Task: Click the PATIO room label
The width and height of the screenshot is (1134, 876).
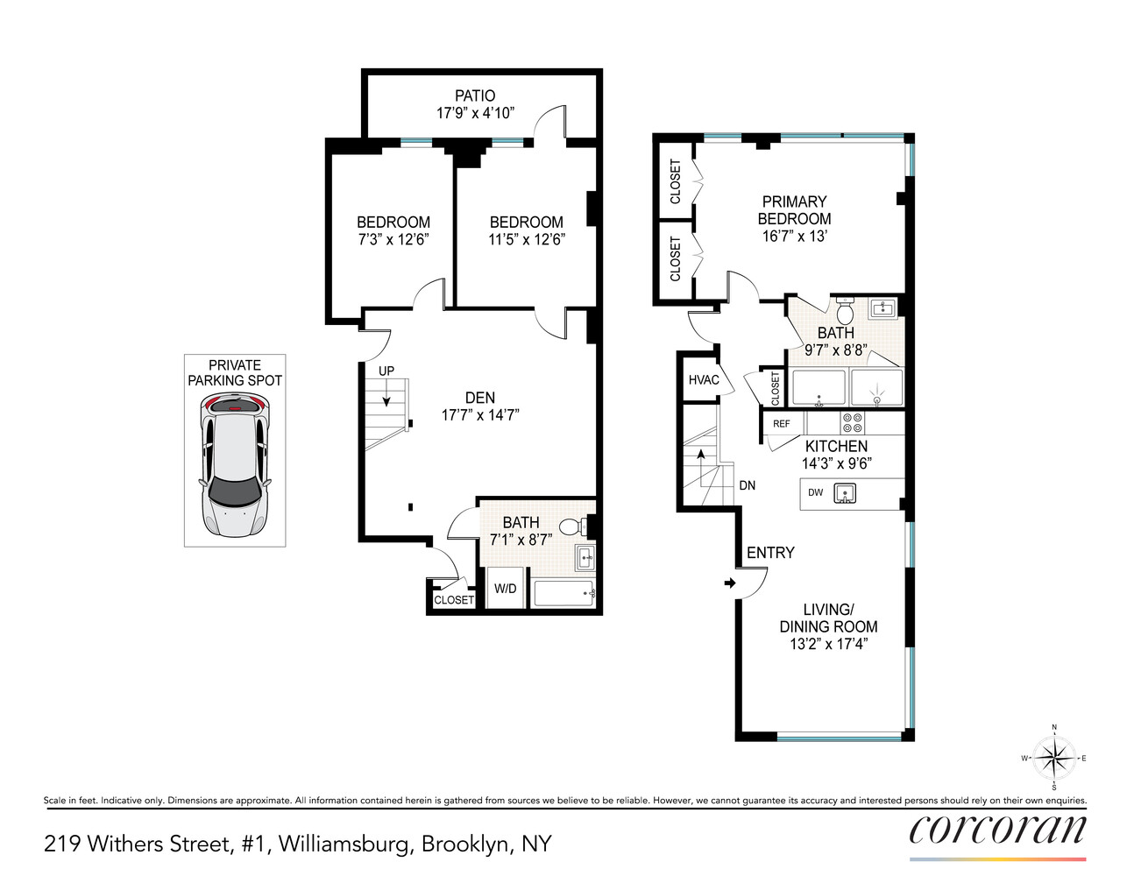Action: click(475, 95)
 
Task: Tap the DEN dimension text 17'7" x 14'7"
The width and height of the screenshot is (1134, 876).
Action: click(479, 415)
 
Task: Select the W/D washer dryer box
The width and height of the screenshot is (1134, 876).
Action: click(506, 588)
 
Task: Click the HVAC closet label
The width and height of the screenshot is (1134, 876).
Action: click(703, 379)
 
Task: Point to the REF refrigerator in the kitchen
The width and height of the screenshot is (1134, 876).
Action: click(782, 424)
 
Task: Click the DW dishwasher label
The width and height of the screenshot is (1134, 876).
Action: click(816, 492)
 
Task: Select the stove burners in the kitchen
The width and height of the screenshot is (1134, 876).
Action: click(853, 423)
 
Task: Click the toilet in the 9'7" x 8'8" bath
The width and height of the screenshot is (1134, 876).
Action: click(846, 312)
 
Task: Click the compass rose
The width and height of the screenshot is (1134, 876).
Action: click(1053, 758)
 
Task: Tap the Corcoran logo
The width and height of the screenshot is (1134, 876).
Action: click(997, 829)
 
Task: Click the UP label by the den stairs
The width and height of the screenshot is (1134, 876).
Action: click(386, 371)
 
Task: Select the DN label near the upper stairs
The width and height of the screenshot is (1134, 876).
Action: click(747, 485)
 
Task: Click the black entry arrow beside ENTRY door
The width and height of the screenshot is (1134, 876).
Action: click(729, 583)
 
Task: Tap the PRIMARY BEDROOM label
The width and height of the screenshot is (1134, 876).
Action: click(794, 210)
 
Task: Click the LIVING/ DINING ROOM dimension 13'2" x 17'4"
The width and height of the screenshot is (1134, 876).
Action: click(828, 644)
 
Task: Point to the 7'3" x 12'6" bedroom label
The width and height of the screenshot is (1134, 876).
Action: click(393, 230)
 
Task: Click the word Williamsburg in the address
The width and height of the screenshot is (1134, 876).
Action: click(344, 844)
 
